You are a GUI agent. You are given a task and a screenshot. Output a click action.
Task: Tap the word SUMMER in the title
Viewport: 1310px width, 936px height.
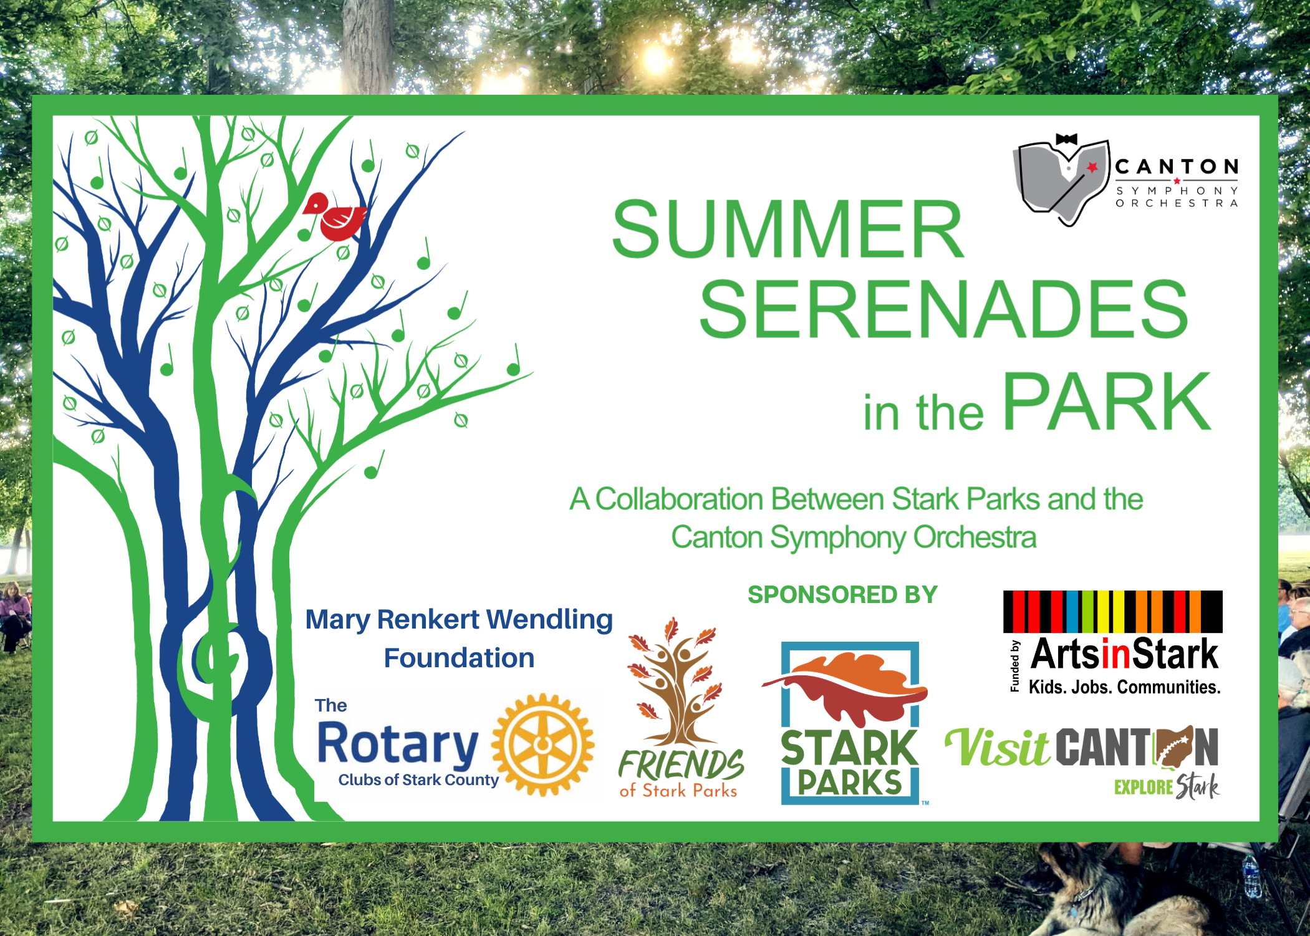[x=788, y=229]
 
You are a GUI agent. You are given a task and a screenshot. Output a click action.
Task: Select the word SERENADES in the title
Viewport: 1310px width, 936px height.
[x=944, y=309]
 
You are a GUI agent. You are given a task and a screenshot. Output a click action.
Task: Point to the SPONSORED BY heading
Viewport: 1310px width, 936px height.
[x=842, y=594]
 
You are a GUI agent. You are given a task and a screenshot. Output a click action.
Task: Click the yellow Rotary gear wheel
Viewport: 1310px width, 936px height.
[x=542, y=745]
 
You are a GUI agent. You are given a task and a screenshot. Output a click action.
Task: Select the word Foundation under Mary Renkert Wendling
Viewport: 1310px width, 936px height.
[x=459, y=658]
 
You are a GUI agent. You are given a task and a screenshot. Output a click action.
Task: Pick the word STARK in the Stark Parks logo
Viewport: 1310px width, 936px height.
[x=849, y=748]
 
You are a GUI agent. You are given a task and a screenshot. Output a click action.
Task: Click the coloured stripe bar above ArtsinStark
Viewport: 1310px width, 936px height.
[x=1112, y=611]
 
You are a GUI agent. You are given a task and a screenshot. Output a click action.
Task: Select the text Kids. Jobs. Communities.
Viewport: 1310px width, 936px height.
[x=1124, y=687]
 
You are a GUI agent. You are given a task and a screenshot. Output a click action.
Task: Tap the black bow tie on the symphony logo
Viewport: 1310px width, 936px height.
[x=1066, y=139]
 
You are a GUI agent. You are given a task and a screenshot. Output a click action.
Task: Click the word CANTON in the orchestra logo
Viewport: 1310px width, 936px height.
[x=1177, y=166]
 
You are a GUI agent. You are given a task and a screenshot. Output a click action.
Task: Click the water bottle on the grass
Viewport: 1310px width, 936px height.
[x=1252, y=876]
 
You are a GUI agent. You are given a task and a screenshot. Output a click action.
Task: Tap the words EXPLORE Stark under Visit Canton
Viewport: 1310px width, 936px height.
[x=1167, y=787]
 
